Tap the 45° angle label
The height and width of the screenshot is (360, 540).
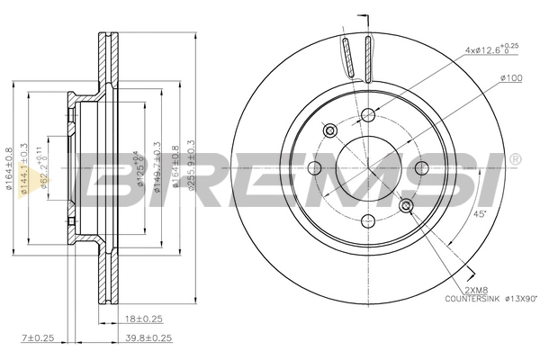480,213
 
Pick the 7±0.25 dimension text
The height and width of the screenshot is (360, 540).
39,339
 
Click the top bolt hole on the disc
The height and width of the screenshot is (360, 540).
367,114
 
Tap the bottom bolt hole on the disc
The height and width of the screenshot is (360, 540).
367,222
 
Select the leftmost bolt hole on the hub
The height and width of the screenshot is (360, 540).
313,168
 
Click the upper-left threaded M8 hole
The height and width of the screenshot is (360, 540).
329,130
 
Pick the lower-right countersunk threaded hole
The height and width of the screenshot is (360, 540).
405,207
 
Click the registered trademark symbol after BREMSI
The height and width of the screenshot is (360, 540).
514,160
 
